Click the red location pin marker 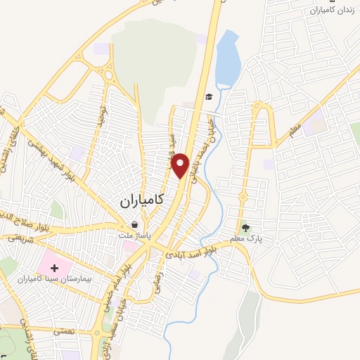tap(181, 165)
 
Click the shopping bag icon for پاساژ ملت tap(134, 225)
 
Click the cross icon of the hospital tap(54, 269)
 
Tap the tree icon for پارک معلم tap(246, 226)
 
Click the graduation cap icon tap(208, 98)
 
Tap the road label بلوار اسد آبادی tap(190, 252)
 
